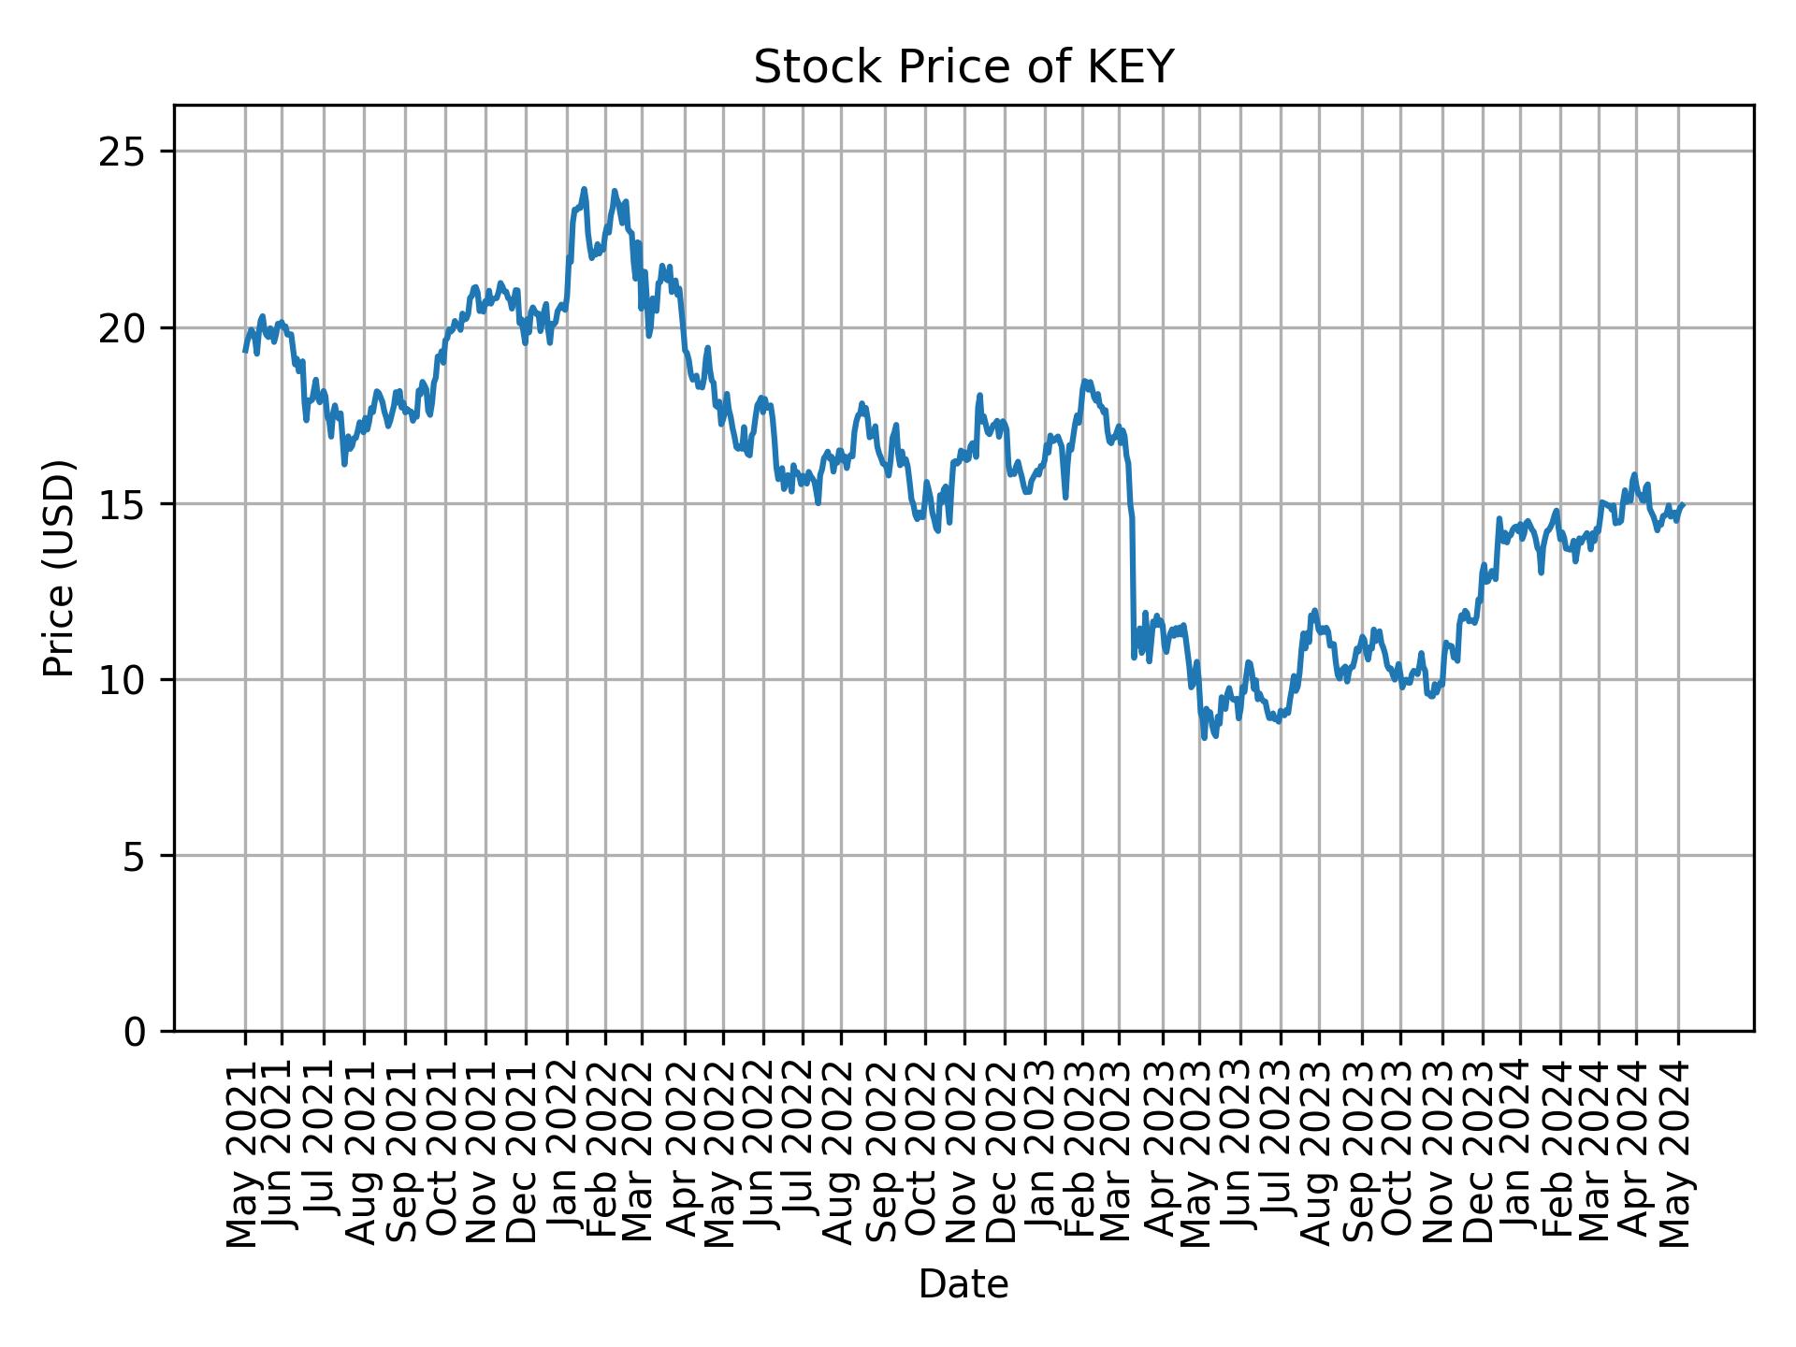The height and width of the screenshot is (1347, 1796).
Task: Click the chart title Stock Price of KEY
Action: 963,68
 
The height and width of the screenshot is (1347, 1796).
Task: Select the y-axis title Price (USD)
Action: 59,568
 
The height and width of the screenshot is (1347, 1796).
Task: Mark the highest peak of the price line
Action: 584,190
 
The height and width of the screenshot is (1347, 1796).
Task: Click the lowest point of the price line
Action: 1205,737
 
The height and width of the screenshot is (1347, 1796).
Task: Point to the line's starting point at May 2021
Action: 245,351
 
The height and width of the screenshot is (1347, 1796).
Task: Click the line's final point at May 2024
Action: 1682,505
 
